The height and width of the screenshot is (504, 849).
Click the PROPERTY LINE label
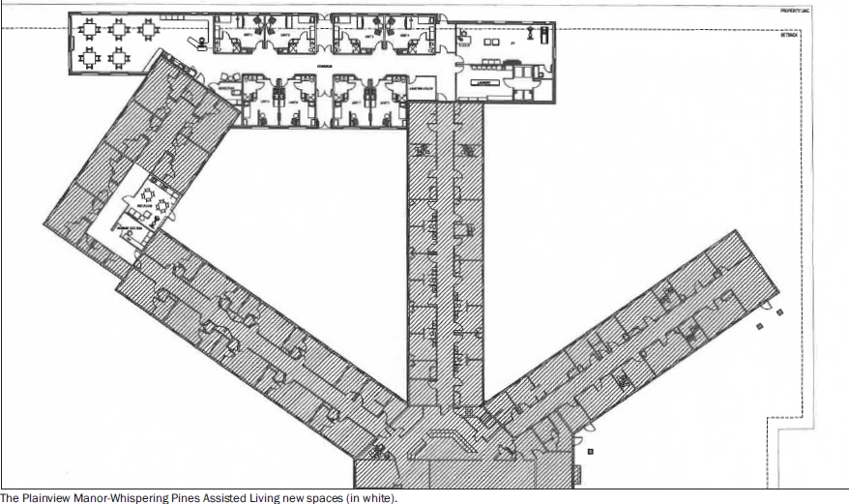(x=794, y=11)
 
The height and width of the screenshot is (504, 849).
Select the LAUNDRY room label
(x=484, y=83)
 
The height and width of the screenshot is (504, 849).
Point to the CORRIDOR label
(x=323, y=67)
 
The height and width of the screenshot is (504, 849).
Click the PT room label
(x=486, y=42)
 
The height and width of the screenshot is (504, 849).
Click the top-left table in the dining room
(x=90, y=29)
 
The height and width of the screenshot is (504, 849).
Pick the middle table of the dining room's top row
(x=120, y=29)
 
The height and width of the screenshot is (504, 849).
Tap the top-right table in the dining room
(x=148, y=29)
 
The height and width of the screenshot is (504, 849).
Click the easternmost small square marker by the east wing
(x=779, y=311)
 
